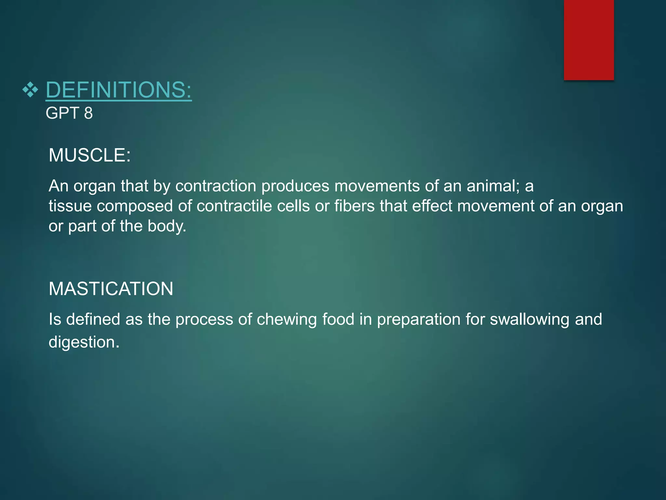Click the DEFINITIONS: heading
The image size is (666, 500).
(x=119, y=90)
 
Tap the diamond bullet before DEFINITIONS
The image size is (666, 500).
(x=30, y=90)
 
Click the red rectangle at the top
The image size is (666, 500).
(x=589, y=40)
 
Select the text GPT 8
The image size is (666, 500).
(x=69, y=113)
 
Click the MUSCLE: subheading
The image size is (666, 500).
(x=89, y=155)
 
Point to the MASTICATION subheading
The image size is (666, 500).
(x=111, y=289)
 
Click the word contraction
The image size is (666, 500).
(x=216, y=186)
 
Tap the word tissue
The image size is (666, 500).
(x=70, y=206)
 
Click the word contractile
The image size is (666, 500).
(x=234, y=206)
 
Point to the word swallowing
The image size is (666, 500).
(x=529, y=319)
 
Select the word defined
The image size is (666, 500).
(x=93, y=319)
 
